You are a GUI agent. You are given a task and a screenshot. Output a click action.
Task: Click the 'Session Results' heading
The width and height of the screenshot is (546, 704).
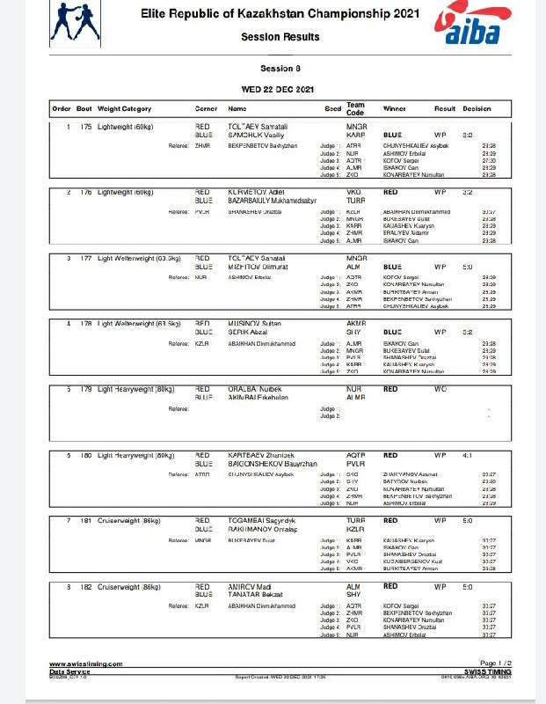280,37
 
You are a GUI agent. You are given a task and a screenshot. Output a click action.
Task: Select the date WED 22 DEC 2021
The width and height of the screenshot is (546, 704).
280,89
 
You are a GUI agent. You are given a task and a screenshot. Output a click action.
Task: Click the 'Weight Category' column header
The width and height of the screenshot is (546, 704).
124,109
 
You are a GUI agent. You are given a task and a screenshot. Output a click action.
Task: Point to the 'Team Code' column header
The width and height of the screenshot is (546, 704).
355,109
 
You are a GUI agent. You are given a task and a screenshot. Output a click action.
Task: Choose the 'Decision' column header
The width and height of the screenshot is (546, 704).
477,109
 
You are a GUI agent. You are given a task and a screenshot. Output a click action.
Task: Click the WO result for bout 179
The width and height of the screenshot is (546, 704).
440,388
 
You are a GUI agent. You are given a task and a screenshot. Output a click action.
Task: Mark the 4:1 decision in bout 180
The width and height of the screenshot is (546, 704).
468,455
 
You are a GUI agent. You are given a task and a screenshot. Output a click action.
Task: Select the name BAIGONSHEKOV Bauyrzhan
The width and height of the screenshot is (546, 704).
272,463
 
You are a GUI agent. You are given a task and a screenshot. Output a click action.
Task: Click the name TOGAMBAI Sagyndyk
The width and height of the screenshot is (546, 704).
261,521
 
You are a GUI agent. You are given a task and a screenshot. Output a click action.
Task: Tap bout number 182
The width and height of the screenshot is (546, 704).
85,586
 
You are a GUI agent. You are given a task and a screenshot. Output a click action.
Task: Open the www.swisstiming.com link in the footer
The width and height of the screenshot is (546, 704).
85,664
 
